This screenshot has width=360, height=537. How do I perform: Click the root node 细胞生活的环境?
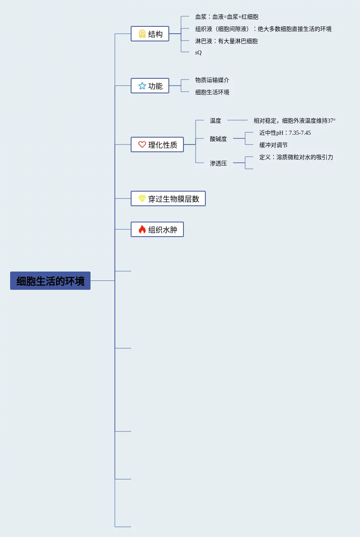tap(50, 281)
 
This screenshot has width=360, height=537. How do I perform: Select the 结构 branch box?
tap(150, 34)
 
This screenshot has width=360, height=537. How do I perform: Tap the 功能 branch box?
tap(150, 86)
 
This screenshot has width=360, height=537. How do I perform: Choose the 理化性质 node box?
tap(157, 145)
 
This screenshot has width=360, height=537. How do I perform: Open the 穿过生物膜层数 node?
tap(168, 199)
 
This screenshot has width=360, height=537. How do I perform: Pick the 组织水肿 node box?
tap(157, 230)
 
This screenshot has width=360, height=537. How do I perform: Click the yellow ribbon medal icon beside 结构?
tap(142, 34)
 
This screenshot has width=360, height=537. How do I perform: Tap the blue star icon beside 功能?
tap(142, 86)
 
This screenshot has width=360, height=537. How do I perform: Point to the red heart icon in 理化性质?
tap(142, 144)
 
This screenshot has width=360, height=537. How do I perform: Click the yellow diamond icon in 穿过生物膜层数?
tap(142, 198)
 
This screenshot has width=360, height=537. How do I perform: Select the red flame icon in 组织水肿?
tap(142, 230)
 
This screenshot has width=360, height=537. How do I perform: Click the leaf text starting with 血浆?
tap(226, 17)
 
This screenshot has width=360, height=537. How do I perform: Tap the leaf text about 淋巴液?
tap(226, 41)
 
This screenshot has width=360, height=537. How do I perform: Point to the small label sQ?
tap(198, 53)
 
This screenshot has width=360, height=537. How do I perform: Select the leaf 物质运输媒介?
tap(212, 80)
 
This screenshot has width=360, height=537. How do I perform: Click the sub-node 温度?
tap(216, 121)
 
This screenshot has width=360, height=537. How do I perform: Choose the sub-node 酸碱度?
tap(218, 139)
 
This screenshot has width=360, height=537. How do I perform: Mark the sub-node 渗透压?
tap(218, 164)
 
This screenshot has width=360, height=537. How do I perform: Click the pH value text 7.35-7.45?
tap(300, 133)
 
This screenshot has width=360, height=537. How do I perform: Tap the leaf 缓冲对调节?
tap(274, 145)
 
